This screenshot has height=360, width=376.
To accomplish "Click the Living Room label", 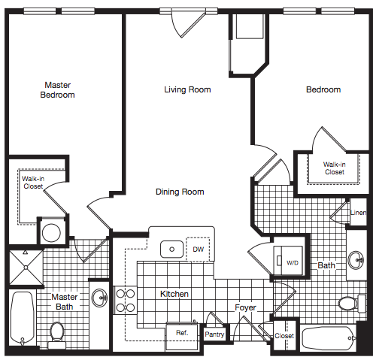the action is [x=187, y=89].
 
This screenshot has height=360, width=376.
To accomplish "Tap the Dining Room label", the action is [x=180, y=192].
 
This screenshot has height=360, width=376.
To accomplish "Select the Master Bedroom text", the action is [x=58, y=90].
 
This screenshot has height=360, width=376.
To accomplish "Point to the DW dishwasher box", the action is [x=198, y=250].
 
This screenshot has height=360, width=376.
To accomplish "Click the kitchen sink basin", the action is [x=171, y=250].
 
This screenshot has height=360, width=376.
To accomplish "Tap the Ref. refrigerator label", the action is [x=182, y=333].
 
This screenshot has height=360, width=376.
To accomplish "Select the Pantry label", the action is [x=214, y=334].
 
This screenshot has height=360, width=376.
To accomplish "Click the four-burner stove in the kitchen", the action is [x=126, y=301].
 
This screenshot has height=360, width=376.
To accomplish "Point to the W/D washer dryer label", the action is [x=293, y=263].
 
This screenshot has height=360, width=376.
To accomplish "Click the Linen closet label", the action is [x=359, y=213].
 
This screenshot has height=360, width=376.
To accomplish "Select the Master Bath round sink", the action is [x=99, y=298].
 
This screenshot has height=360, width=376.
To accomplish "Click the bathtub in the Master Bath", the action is [x=23, y=318].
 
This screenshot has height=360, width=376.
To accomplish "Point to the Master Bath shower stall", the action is [x=26, y=268].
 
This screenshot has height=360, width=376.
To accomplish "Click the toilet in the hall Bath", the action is [x=352, y=304].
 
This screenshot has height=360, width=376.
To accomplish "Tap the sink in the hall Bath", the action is [x=356, y=260].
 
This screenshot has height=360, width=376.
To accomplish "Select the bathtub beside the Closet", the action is [x=329, y=338].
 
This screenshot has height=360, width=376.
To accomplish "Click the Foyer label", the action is [x=245, y=307].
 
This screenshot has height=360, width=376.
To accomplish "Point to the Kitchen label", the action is [x=174, y=294].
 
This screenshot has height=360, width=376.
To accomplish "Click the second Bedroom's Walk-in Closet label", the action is [x=335, y=168].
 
